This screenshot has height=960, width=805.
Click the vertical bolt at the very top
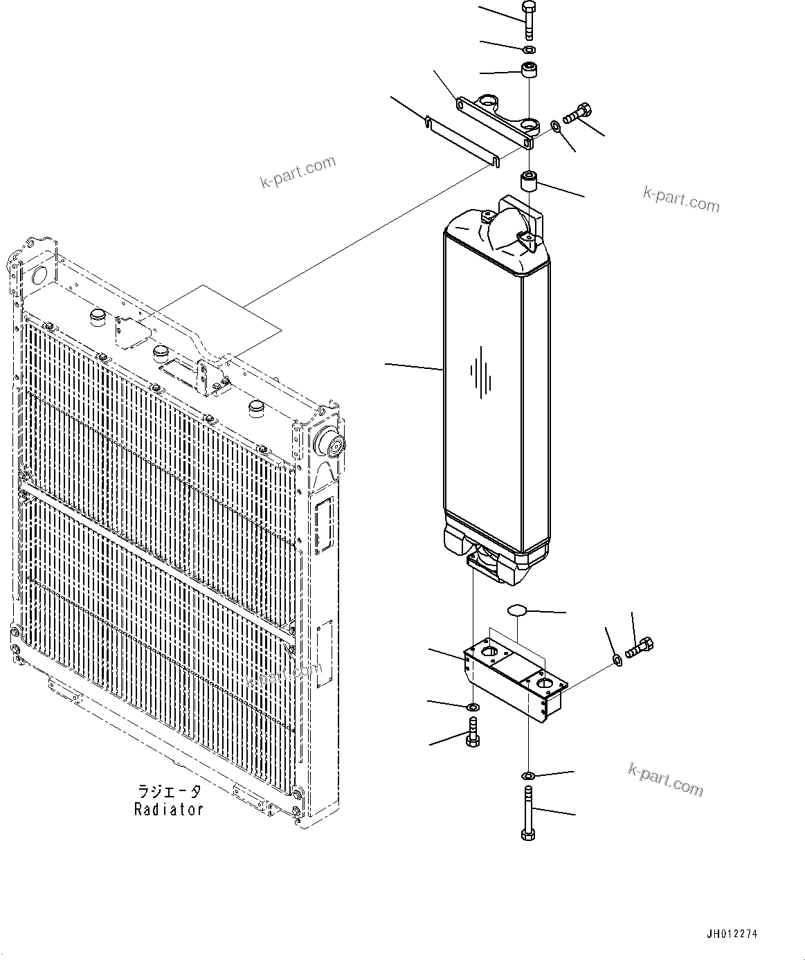tap(530, 20)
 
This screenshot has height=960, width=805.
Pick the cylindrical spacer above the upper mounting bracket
tap(530, 70)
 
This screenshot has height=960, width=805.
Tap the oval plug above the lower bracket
tap(518, 610)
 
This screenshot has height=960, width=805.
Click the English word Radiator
tap(169, 809)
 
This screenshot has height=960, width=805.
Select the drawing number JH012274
tap(732, 934)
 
